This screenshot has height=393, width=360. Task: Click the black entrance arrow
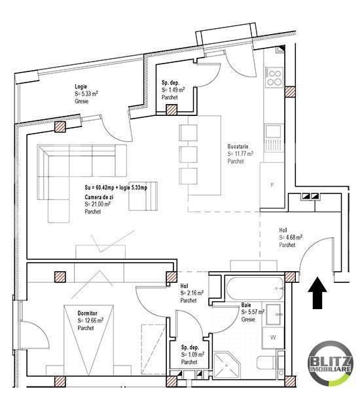click(x=317, y=293)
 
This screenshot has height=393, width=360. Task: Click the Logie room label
click(x=81, y=86)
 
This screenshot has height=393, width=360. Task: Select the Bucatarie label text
click(x=238, y=146)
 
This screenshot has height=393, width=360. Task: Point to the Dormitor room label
click(x=87, y=313)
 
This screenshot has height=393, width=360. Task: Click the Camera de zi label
click(x=99, y=197)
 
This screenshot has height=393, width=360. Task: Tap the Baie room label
click(x=246, y=305)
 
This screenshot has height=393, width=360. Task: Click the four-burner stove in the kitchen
click(x=274, y=77)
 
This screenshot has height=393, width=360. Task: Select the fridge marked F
click(x=272, y=185)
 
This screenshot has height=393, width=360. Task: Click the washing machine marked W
click(x=273, y=338)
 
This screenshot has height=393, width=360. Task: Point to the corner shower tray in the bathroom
click(x=226, y=365)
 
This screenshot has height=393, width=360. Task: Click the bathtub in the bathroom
click(x=255, y=288)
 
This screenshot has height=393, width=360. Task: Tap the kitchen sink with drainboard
click(x=274, y=138)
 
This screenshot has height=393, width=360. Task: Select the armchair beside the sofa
click(x=143, y=196)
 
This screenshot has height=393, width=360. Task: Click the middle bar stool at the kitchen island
click(x=188, y=154)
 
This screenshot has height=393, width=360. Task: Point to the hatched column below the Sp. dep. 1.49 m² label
click(x=172, y=110)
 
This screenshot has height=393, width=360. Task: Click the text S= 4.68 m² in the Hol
click(x=291, y=237)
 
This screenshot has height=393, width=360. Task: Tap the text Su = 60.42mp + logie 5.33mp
click(x=116, y=187)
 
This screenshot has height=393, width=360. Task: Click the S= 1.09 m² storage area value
click(x=192, y=354)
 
